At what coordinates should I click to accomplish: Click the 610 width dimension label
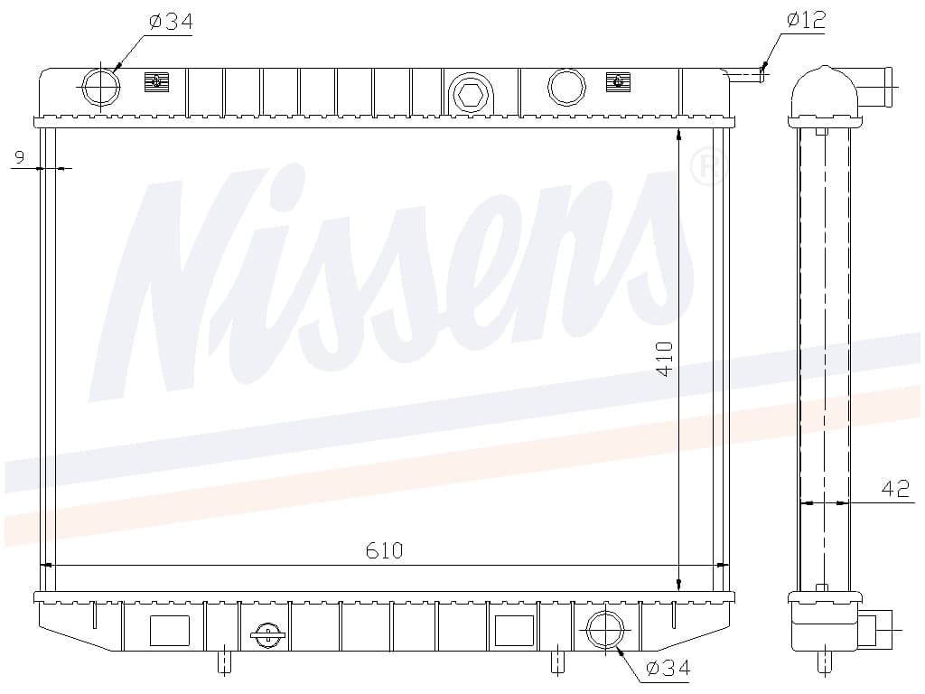[384, 550]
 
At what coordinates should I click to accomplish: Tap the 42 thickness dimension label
[895, 489]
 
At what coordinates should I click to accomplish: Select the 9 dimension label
[20, 157]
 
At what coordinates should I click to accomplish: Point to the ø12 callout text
[807, 20]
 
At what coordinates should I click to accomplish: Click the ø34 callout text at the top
[171, 22]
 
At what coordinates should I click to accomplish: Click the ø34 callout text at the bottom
[668, 668]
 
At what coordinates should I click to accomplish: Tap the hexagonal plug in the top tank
[470, 94]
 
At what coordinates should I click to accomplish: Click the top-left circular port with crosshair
[101, 87]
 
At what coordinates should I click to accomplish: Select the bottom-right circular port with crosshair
[605, 630]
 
